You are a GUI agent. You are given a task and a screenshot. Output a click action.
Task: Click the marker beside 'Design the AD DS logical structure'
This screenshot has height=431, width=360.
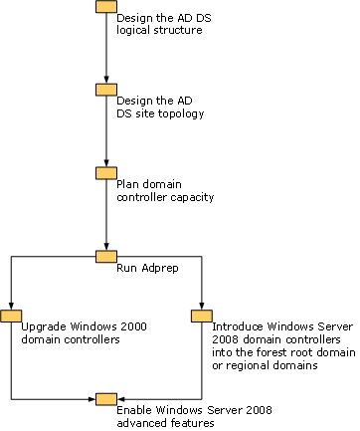tap(106, 6)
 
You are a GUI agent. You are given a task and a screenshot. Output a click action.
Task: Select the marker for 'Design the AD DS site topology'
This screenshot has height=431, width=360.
tap(106, 90)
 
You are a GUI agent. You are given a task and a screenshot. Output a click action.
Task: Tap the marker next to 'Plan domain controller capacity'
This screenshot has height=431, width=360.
tap(106, 173)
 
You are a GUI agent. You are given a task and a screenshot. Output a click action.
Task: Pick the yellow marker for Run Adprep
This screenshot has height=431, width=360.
tap(106, 257)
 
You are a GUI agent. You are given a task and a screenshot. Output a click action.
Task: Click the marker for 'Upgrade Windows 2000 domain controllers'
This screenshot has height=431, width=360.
tap(11, 316)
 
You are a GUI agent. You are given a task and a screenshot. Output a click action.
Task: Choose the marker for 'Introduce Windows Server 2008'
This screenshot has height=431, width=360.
tap(202, 316)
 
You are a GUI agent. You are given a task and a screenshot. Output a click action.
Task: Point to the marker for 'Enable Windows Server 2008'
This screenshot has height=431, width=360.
tap(106, 399)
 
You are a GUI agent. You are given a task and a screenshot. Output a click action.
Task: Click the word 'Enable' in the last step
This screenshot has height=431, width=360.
tap(134, 411)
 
